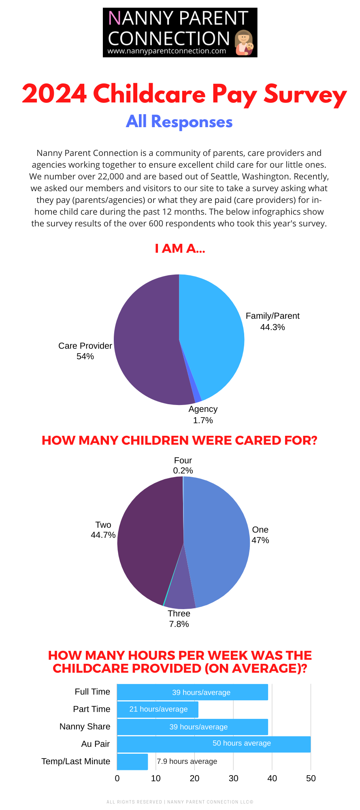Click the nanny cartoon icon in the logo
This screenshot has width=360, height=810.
tap(244, 43)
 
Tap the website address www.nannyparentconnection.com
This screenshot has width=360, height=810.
tap(166, 51)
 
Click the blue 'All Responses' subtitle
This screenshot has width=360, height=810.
tap(179, 122)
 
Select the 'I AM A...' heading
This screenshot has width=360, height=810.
tap(180, 248)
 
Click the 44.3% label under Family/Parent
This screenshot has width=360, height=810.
tap(273, 327)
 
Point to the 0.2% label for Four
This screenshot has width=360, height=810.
tap(183, 471)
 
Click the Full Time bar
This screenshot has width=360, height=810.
tap(192, 692)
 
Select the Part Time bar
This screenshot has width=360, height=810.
tap(158, 709)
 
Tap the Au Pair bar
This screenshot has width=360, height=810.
tap(214, 744)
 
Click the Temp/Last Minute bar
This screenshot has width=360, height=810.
tap(132, 762)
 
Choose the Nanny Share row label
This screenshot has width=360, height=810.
tap(85, 727)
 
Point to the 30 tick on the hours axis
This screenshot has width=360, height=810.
tap(233, 778)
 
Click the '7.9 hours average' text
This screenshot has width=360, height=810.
tap(187, 761)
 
